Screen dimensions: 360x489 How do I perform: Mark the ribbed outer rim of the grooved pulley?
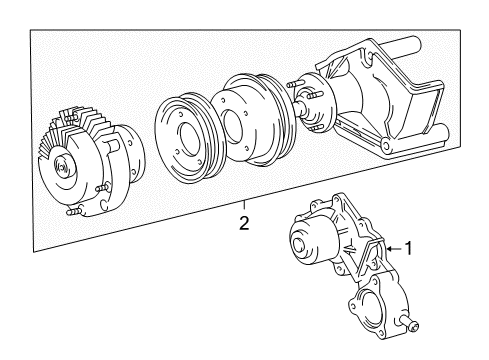tap(166, 120)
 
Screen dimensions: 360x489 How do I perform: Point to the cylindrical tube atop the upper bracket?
tap(400, 47)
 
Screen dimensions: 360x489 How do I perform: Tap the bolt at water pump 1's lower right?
tap(415, 324)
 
